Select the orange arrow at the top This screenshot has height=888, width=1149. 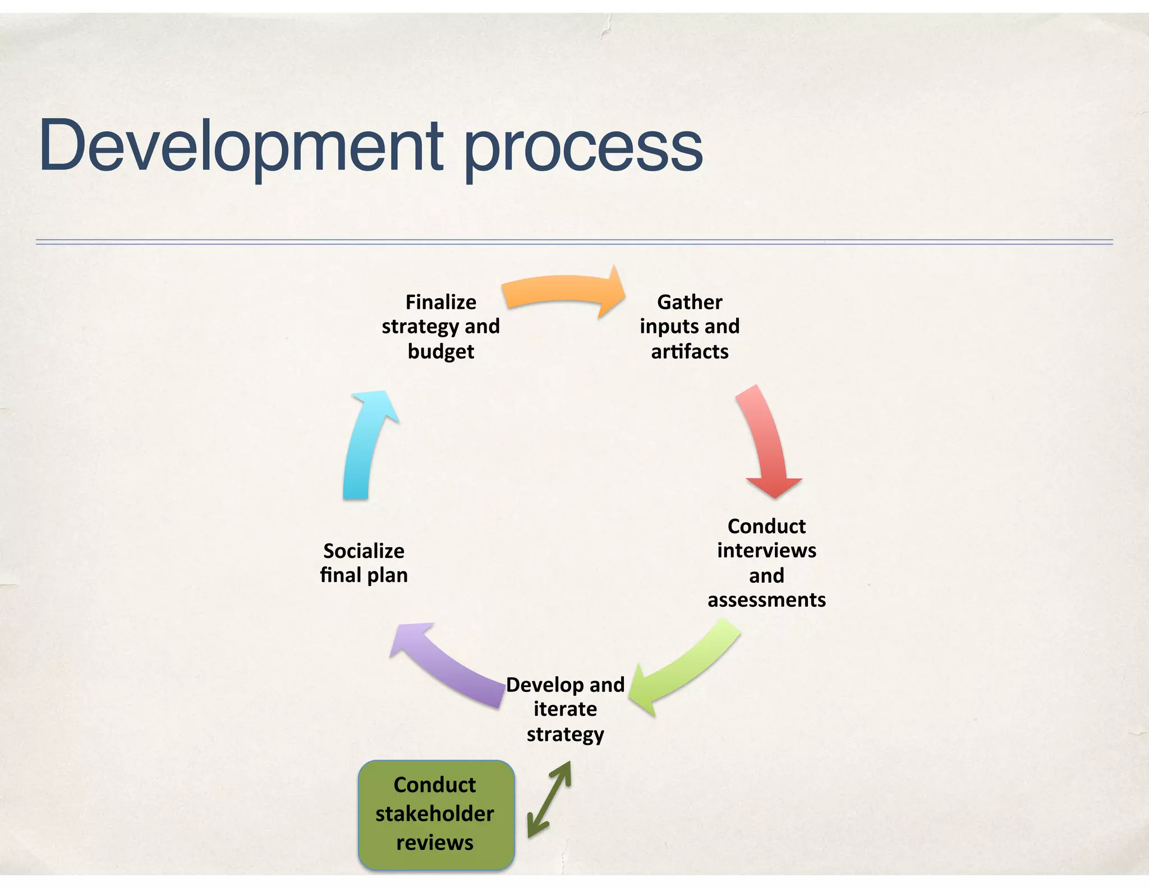coord(561,292)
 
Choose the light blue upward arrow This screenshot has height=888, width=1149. coord(365,443)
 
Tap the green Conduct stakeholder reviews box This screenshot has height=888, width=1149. coord(436,814)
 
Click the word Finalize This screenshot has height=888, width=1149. coord(441,302)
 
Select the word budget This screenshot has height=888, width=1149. coord(441,351)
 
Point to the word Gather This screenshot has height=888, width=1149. coord(690,302)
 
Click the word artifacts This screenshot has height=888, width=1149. coord(690,351)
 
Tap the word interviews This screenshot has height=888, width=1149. coord(766,550)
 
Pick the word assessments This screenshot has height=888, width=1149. coord(766,599)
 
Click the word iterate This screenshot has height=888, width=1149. coord(565,709)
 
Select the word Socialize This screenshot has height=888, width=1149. coord(364,551)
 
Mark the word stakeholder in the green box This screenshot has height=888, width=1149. coord(435,813)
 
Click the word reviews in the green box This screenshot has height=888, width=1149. coord(435,843)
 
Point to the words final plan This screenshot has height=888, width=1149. coord(364,575)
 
